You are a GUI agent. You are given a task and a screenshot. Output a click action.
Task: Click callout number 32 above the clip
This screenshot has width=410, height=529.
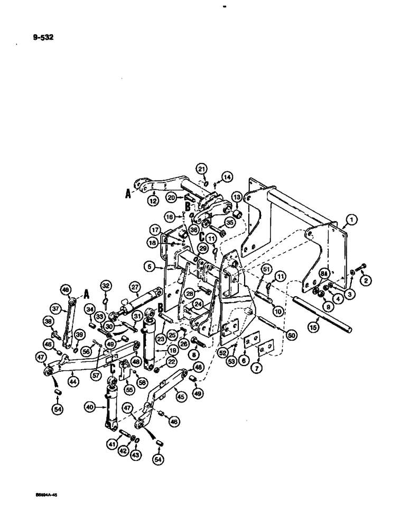106,287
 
